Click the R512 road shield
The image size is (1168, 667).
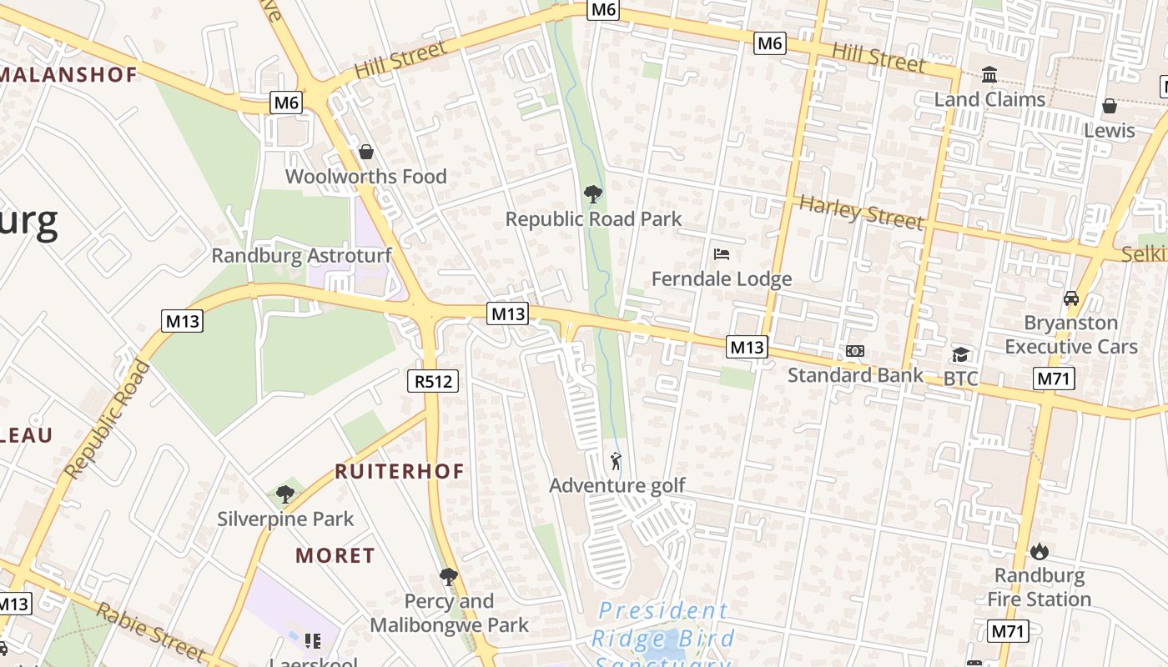433,382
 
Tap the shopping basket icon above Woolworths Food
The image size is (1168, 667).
365,152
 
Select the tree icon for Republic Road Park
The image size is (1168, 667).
593,194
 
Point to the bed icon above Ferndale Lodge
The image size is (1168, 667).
722,253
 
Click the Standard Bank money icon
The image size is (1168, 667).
855,351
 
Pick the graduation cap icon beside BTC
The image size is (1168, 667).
960,355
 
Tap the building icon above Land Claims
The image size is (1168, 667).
989,75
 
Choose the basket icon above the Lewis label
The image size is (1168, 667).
1110,106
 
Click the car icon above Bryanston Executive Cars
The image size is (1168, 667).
1071,298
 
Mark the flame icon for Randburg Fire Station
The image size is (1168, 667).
1039,551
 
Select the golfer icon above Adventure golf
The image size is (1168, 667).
617,460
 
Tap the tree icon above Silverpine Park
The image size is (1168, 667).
285,494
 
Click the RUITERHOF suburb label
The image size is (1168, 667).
400,471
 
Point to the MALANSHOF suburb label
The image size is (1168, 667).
68,74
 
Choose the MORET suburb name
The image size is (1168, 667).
335,555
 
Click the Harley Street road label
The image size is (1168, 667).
862,213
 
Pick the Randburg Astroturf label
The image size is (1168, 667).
301,255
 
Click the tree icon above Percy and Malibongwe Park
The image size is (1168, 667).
449,576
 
